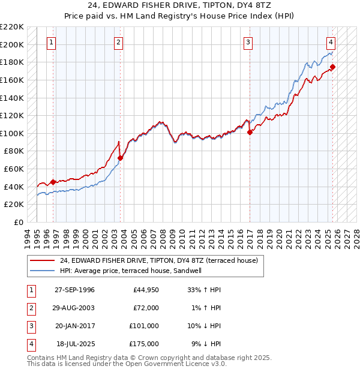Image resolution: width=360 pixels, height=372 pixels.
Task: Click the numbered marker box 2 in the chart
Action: coord(119,42)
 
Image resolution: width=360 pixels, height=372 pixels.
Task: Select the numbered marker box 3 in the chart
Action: coord(248,42)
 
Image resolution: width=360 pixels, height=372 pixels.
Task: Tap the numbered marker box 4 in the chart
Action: coord(331,42)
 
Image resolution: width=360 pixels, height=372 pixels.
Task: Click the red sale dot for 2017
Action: coord(250,133)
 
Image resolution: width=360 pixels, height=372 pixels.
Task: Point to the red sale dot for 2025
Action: coord(333,67)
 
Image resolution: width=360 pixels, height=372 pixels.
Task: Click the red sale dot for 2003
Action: coord(121,158)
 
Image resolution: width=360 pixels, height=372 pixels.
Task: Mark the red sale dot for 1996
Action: coord(53,182)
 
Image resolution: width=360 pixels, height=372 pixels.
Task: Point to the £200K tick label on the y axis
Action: coord(13,44)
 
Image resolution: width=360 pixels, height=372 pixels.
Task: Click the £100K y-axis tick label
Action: coord(13,133)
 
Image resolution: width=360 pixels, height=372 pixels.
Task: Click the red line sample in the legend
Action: coord(43,260)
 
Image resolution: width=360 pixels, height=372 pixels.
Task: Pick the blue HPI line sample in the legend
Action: coord(43,271)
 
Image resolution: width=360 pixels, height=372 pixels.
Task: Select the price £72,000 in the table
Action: coord(146,308)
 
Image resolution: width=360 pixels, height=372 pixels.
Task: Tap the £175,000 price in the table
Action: coord(144,344)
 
